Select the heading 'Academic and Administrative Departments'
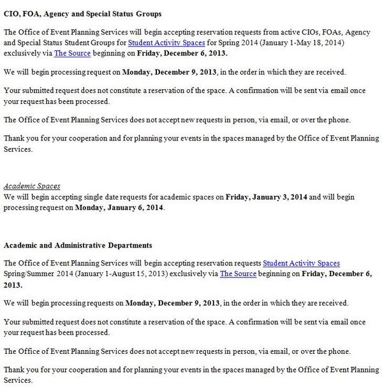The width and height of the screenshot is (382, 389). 78,245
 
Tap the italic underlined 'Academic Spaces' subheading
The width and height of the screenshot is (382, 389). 32,186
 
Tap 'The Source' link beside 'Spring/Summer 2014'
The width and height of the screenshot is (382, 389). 238,274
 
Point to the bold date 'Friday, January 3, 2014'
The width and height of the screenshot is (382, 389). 270,197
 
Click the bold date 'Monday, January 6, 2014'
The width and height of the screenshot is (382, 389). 119,208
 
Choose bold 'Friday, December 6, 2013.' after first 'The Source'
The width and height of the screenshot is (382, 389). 182,53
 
